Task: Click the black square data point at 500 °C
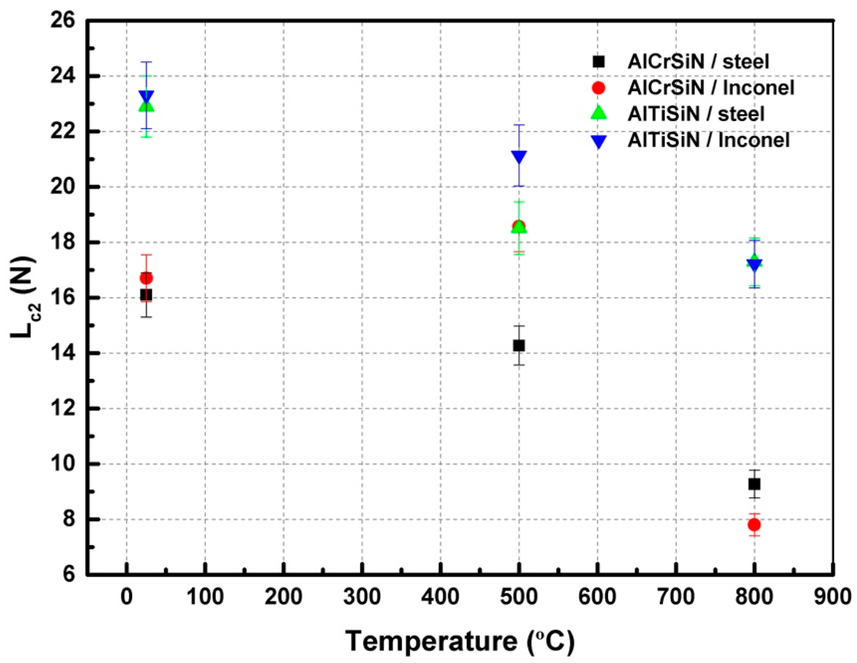pos(519,345)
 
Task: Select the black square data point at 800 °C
pos(754,484)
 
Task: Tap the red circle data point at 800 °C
pos(754,524)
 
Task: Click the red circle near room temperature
pos(146,278)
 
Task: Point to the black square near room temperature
pos(146,295)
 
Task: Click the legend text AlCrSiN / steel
pos(698,62)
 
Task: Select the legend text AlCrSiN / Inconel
pos(711,88)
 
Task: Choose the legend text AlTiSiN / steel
pos(696,114)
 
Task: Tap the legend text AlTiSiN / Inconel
pos(708,140)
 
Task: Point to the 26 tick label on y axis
pos(63,20)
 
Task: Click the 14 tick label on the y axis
pos(63,353)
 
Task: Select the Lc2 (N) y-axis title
pos(24,298)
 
